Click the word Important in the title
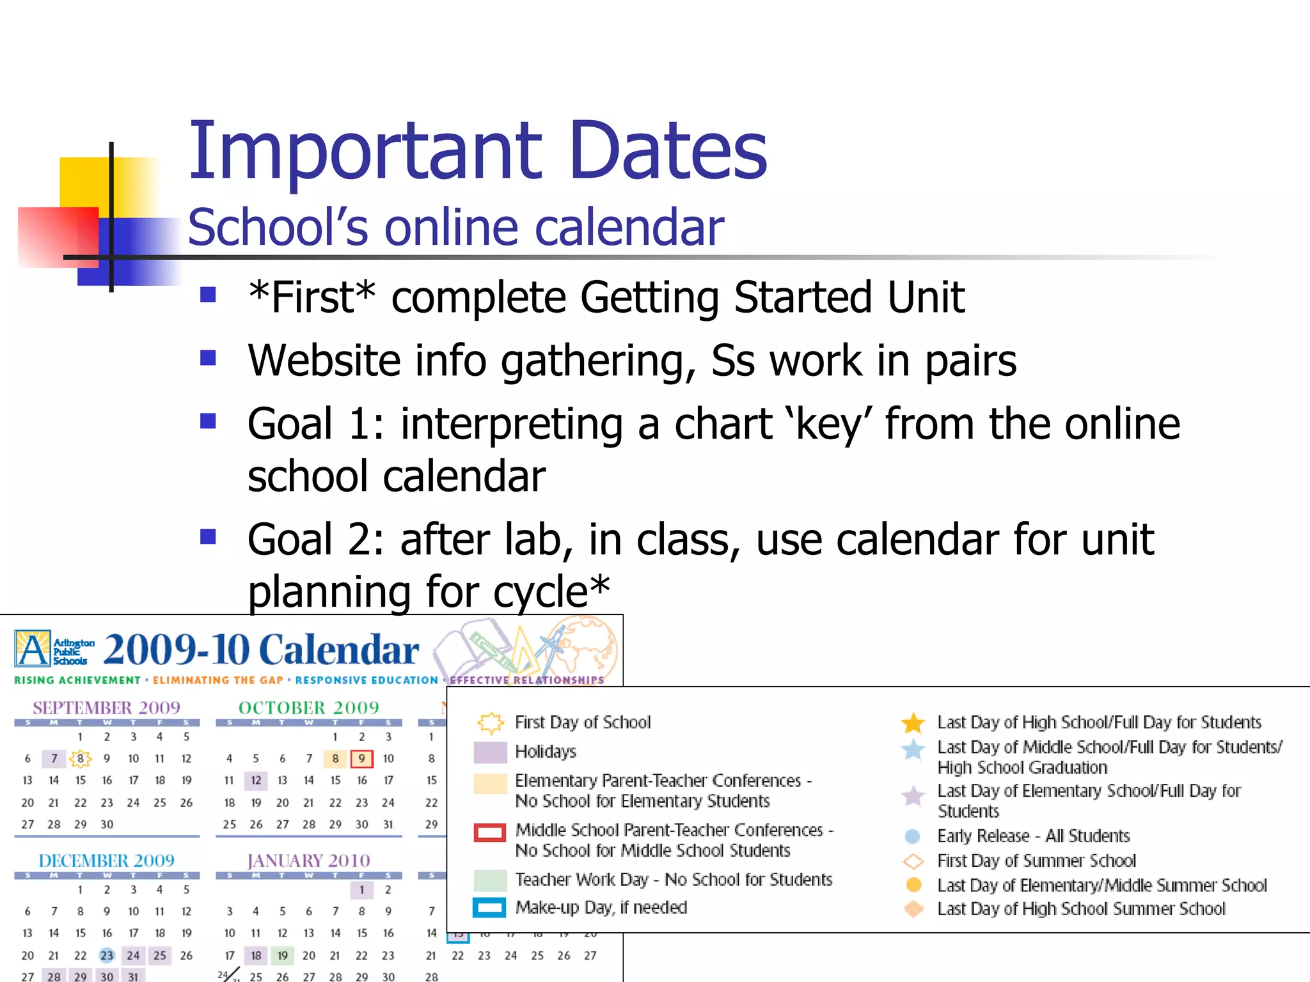(x=365, y=151)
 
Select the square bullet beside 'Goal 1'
(x=208, y=422)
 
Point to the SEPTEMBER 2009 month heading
(x=106, y=708)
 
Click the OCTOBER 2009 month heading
(x=308, y=708)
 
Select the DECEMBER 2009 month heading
(x=106, y=861)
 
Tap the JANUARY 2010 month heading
(x=308, y=861)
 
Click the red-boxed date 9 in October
(x=361, y=759)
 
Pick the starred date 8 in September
(x=80, y=759)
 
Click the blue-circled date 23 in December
(x=107, y=956)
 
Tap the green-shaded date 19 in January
(x=282, y=956)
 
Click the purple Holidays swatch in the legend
(x=490, y=752)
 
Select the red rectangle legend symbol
(x=490, y=833)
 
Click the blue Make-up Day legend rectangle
(x=490, y=908)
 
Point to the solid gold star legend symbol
(x=913, y=723)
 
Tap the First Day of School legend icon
(x=491, y=723)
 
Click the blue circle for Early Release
(x=913, y=836)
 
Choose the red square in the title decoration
(x=58, y=237)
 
